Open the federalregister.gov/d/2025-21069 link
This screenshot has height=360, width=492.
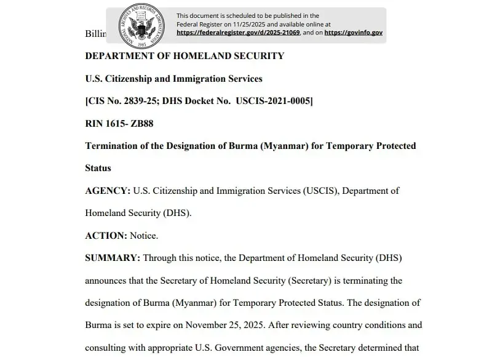(238, 33)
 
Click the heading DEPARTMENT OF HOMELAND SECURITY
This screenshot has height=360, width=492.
(184, 56)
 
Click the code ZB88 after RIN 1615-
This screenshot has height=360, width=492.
(142, 124)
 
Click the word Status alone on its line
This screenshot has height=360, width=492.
(98, 168)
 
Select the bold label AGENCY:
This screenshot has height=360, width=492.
(108, 191)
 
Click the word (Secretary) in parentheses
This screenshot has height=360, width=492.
(310, 281)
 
